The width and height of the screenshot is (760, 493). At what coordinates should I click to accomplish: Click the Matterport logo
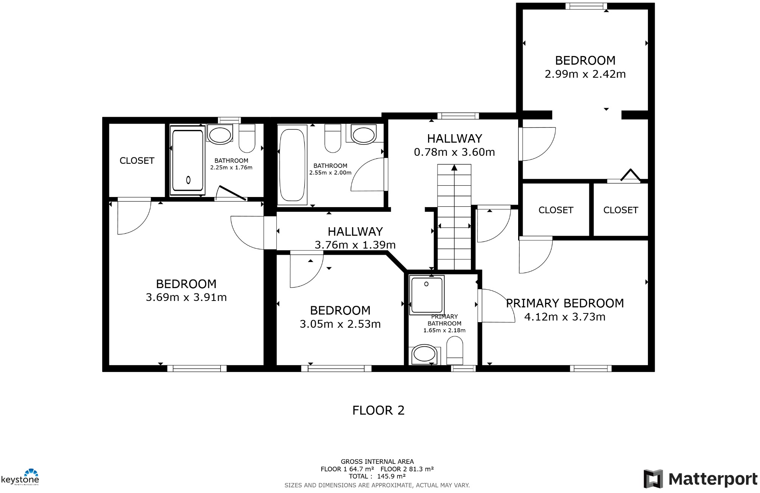[x=700, y=479]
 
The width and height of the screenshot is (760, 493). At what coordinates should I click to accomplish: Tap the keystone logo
[x=20, y=477]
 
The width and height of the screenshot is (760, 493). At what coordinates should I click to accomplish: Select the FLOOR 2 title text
[x=378, y=410]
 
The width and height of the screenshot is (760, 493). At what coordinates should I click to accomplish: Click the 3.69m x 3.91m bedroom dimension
[x=186, y=298]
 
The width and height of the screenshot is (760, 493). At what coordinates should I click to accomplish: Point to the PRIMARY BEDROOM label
[x=565, y=303]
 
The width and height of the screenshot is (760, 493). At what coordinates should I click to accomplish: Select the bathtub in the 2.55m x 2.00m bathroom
[x=292, y=165]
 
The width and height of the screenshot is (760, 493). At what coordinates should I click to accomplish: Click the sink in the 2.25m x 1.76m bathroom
[x=220, y=135]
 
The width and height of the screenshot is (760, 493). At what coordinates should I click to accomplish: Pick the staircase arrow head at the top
[x=454, y=167]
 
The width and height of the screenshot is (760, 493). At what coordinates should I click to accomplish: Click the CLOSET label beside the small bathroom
[x=137, y=161]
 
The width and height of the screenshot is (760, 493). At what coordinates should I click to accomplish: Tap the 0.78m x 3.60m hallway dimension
[x=454, y=152]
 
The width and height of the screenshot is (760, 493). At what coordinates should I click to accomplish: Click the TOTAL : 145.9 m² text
[x=377, y=476]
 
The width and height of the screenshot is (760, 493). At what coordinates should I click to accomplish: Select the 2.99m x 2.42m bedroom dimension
[x=585, y=74]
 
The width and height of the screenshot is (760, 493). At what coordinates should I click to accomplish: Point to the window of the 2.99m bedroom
[x=586, y=6]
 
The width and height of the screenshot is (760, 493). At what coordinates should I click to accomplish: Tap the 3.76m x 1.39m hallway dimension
[x=355, y=245]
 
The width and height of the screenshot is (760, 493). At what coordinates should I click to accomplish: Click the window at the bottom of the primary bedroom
[x=590, y=368]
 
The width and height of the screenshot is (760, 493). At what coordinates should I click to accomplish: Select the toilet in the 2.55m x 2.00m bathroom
[x=333, y=138]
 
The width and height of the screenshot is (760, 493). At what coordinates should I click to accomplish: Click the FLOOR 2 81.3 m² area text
[x=407, y=469]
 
